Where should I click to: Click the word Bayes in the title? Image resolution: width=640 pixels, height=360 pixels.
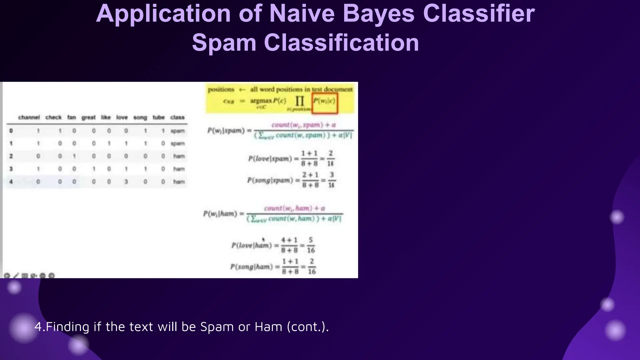pos(379,14)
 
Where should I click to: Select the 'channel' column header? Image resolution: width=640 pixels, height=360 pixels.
pos(29,117)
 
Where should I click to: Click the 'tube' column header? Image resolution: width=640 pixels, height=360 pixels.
pos(158,117)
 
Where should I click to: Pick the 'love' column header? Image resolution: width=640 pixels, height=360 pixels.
pos(122,117)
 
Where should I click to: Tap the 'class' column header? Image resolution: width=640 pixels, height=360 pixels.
pos(177,117)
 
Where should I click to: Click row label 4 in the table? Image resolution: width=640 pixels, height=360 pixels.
pos(11,182)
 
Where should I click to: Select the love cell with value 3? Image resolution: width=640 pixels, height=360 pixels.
pos(126,182)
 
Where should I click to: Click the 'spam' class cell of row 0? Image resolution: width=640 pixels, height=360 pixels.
pos(177,131)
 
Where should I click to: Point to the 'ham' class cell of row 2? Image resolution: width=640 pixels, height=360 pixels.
pos(179,156)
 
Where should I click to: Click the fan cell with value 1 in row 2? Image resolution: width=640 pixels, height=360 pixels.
pos(74,156)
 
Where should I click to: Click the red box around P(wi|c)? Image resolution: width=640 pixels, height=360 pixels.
pos(325,103)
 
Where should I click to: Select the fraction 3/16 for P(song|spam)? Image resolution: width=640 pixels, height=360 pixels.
pos(331,180)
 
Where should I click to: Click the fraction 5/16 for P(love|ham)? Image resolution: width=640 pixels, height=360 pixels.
pos(311,245)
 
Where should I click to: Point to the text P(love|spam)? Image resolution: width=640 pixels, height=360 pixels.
pos(270,159)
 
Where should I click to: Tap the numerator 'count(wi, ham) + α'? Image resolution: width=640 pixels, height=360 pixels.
pos(294,208)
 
